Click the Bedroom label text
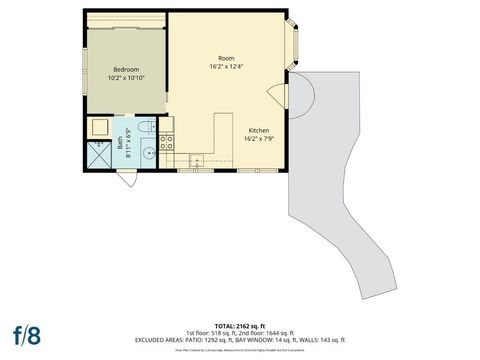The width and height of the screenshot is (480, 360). pos(126,69)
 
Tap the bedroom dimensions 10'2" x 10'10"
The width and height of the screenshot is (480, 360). pos(126,78)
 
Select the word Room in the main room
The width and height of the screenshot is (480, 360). pos(226,58)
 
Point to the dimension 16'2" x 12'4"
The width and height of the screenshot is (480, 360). pos(226,67)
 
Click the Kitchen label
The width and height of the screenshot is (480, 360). pos(258,131)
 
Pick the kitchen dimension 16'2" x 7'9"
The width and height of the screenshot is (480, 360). pos(258,140)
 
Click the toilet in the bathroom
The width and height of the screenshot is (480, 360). pos(146,127)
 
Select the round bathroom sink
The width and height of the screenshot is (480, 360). pos(148,153)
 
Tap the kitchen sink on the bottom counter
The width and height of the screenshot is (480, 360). pos(196,161)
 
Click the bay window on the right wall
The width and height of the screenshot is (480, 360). pos(294,46)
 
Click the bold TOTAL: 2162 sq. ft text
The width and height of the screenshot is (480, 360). pos(240,326)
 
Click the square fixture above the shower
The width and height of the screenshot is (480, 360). pos(100,127)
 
